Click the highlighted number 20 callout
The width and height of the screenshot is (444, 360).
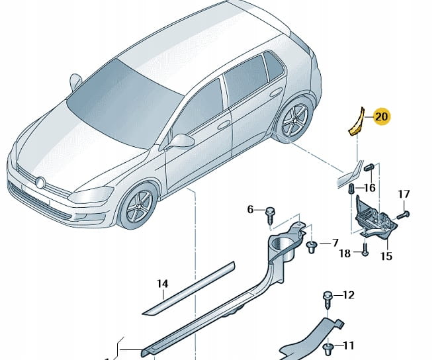381,117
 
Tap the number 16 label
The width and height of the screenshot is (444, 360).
369,189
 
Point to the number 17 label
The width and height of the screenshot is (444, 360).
404,195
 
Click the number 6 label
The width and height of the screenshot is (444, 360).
250,210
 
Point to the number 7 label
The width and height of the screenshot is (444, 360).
334,243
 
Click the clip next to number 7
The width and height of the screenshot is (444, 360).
311,246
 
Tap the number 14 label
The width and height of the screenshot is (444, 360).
162,285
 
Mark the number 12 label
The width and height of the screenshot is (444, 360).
349,295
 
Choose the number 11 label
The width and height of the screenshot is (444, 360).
349,345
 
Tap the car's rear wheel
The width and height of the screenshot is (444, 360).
294,121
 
